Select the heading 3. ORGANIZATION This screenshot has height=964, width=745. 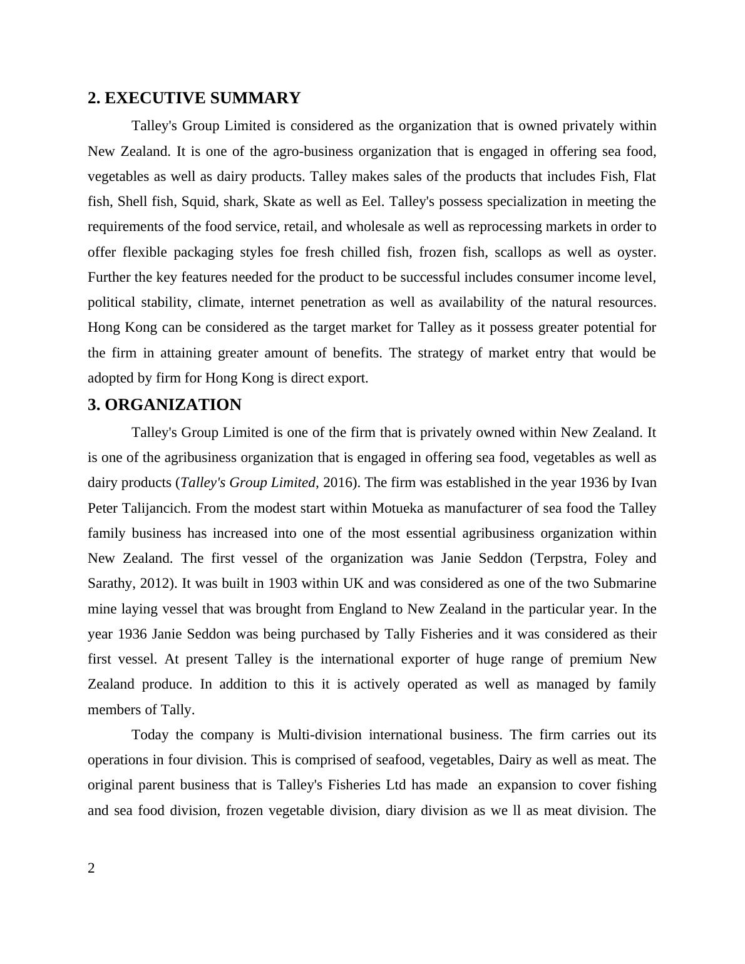(x=165, y=405)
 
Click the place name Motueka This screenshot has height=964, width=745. (x=396, y=508)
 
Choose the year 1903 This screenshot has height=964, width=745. (x=282, y=583)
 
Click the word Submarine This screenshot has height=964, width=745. (x=624, y=583)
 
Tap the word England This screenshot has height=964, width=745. (x=362, y=608)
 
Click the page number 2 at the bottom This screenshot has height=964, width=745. (x=91, y=868)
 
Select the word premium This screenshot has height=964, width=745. (x=595, y=659)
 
